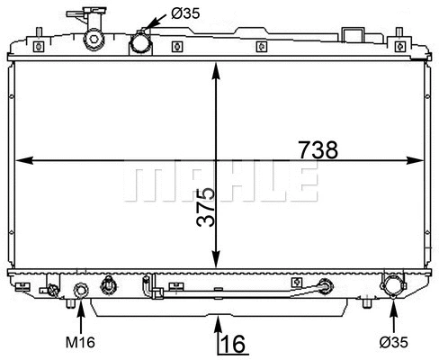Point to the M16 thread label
[81, 341]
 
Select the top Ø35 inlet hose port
[140, 42]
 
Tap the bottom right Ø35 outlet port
[394, 286]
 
